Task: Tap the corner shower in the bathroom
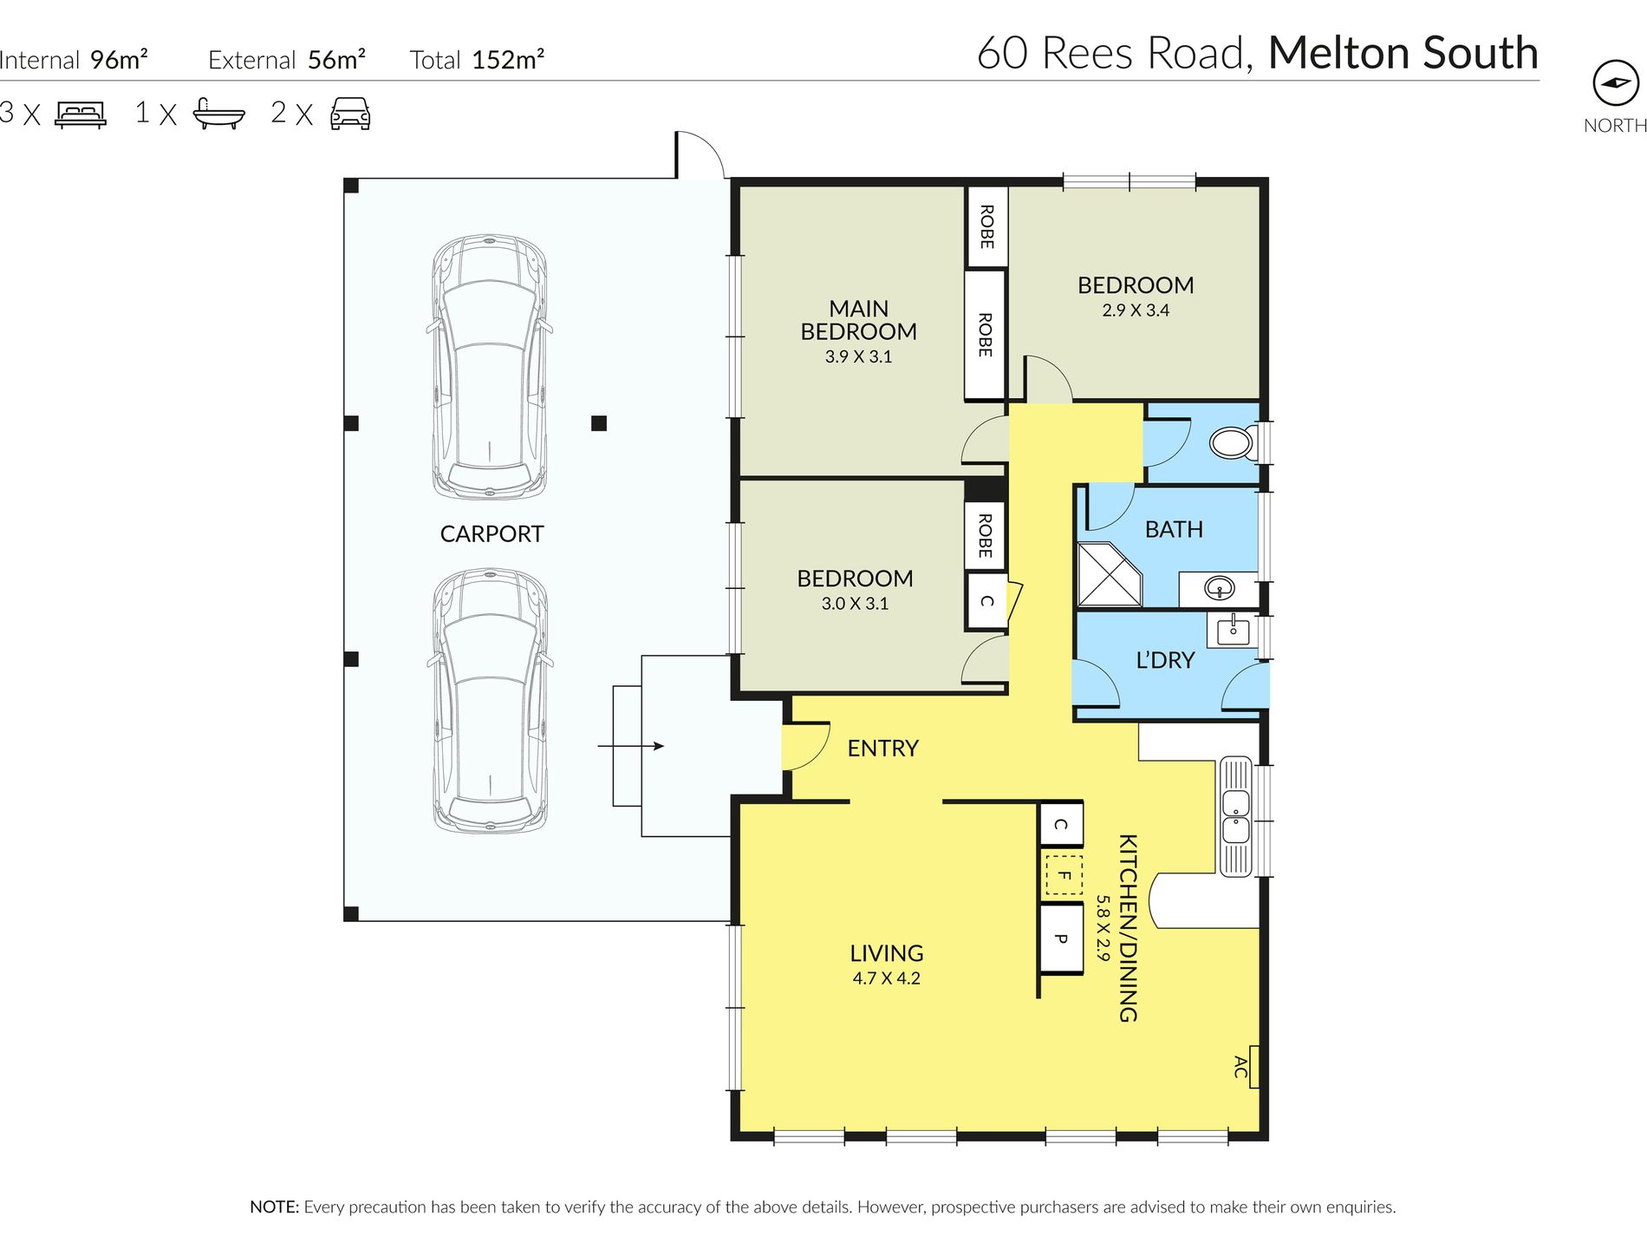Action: (1110, 575)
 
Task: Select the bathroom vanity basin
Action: (1220, 590)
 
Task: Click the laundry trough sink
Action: (1232, 630)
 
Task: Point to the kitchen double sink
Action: (1235, 816)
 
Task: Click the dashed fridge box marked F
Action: (1062, 875)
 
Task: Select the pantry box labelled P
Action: (1061, 938)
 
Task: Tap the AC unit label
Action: (1240, 1067)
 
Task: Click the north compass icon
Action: (1616, 83)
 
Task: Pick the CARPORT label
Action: (491, 534)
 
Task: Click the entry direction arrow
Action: (631, 746)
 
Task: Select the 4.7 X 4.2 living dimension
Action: (886, 978)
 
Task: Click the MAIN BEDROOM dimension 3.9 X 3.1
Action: (858, 356)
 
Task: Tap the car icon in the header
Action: (350, 114)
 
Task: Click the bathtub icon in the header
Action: (218, 114)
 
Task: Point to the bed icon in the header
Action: (81, 114)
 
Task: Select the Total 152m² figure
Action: (477, 60)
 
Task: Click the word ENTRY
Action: (882, 749)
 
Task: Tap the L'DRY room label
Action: (1165, 660)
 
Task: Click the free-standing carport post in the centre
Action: (599, 423)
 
